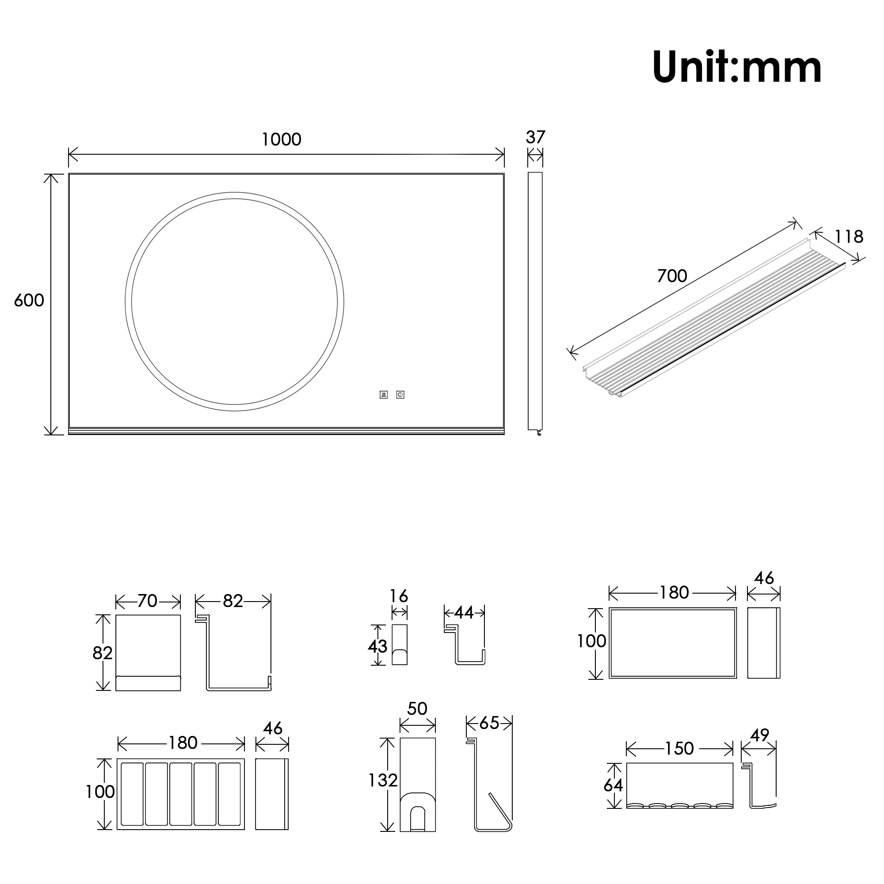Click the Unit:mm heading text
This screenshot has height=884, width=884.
[x=737, y=67]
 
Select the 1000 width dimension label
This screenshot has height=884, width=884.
[x=282, y=139]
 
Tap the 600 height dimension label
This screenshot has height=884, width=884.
[x=29, y=300]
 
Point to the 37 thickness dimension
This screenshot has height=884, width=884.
[x=535, y=137]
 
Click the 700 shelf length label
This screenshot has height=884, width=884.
[x=672, y=275]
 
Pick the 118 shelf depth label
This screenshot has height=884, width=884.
[x=849, y=236]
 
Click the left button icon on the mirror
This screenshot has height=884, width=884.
[x=383, y=394]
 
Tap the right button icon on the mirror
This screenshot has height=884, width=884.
[x=400, y=394]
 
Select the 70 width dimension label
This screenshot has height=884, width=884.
[x=147, y=601]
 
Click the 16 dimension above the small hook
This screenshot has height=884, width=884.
[x=399, y=596]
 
